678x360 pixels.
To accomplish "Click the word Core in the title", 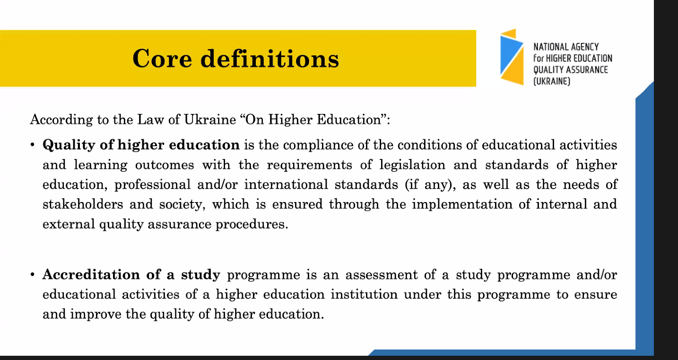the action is (162, 59).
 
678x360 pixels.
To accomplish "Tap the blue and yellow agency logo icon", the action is (512, 57).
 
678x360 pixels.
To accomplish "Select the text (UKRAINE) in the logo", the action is (552, 81).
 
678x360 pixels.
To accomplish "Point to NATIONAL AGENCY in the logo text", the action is (566, 47).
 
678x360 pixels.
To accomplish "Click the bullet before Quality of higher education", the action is (32, 145).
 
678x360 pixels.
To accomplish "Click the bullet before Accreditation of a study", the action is (32, 275).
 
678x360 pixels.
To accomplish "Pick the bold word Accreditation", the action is (91, 275).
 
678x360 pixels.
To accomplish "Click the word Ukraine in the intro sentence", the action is (210, 120).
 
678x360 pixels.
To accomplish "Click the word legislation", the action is (413, 165).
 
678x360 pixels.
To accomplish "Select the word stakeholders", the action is (83, 204).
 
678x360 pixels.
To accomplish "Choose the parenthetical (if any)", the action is (430, 185).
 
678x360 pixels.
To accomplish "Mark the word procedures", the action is (252, 224).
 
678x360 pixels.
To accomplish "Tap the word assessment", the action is (382, 275).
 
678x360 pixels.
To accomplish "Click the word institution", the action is (364, 294).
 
